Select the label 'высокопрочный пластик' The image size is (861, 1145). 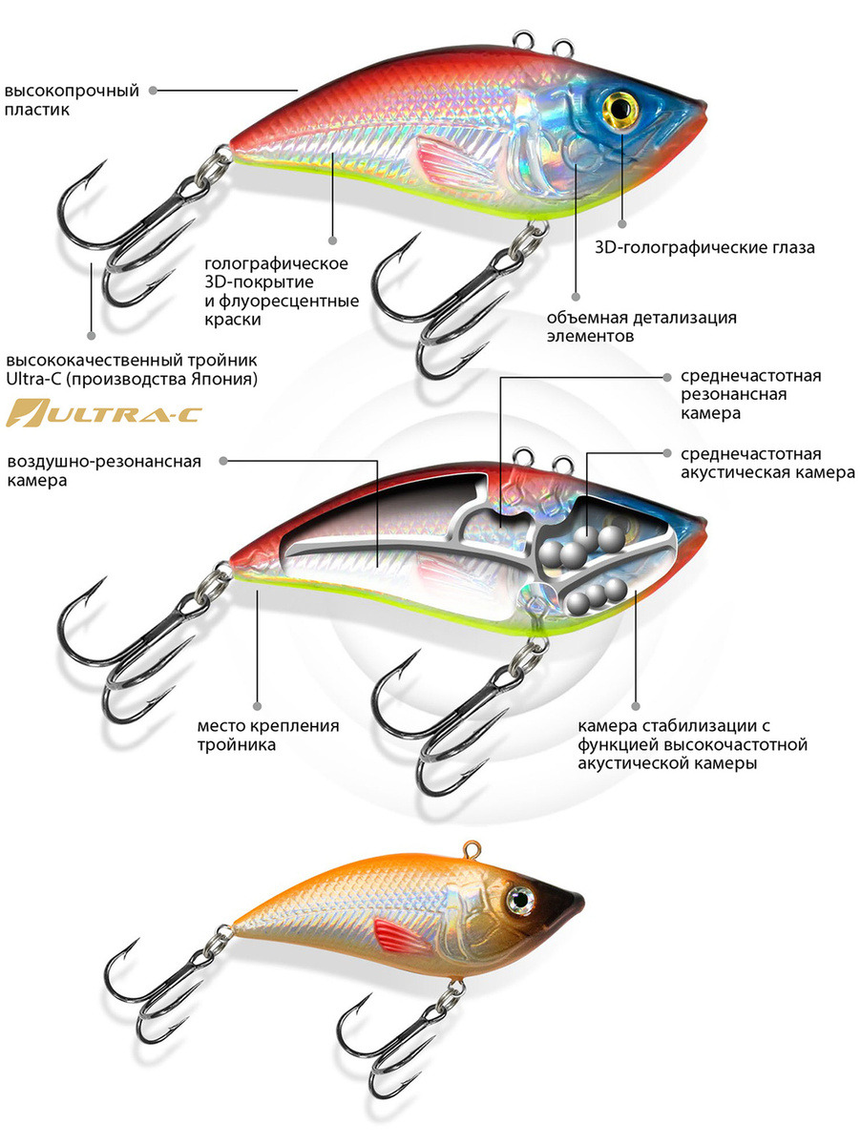point(73,100)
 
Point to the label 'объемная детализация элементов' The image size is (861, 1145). point(641,326)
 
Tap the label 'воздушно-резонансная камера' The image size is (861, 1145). point(104,471)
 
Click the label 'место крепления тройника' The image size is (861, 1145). point(269,735)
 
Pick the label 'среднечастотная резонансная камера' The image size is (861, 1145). point(750,395)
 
